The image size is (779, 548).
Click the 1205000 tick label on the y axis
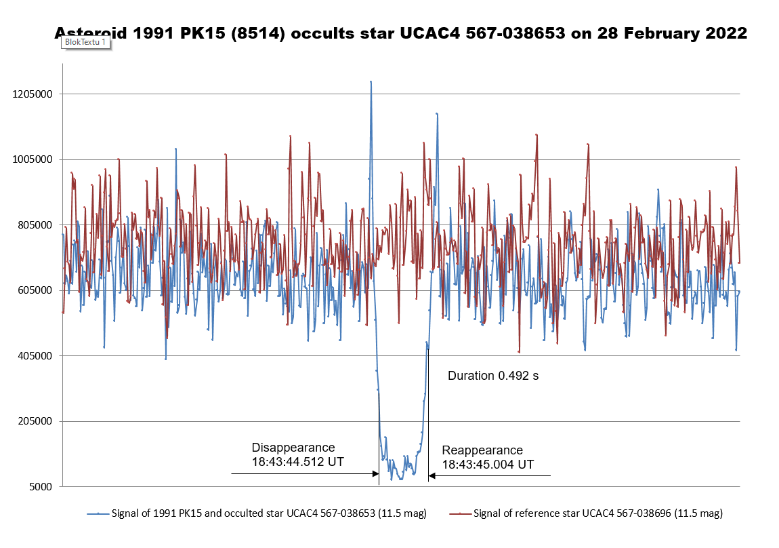(x=33, y=94)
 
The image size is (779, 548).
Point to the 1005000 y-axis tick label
(x=33, y=159)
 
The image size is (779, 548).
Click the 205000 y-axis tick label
(x=35, y=421)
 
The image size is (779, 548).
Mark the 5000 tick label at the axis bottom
(x=41, y=487)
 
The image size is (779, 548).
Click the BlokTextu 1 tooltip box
(x=85, y=42)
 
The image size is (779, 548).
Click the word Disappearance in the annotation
(x=293, y=448)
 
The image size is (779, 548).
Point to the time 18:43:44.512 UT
(x=297, y=461)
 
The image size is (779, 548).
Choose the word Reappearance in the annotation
(x=482, y=450)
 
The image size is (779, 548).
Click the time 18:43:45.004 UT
(x=488, y=465)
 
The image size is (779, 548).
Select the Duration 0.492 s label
(x=493, y=376)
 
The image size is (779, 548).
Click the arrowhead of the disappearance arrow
(x=376, y=474)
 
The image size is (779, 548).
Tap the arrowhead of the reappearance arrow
(x=431, y=476)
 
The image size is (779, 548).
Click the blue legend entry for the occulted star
(x=257, y=513)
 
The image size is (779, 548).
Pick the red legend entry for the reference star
(x=586, y=513)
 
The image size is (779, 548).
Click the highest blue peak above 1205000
(x=371, y=82)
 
